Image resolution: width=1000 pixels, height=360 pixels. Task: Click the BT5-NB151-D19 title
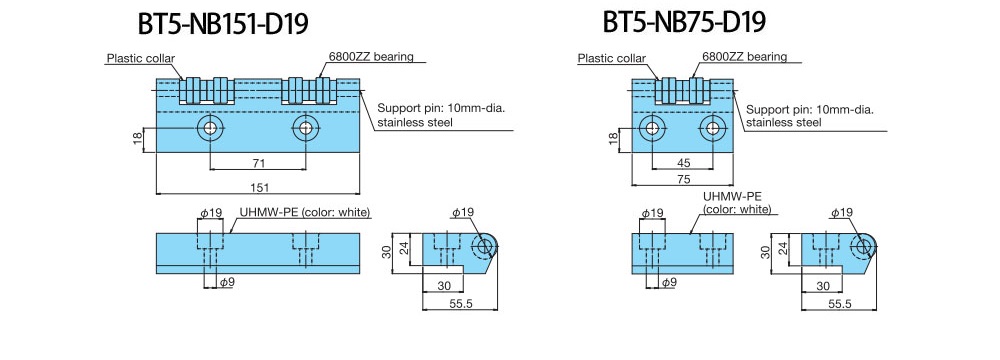click(223, 24)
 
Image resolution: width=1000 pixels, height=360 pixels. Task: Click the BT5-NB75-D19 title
click(684, 23)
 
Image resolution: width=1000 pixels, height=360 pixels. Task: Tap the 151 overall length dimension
click(258, 187)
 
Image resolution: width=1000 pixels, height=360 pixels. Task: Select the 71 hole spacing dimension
click(258, 163)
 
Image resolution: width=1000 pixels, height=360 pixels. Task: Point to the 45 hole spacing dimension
click(683, 163)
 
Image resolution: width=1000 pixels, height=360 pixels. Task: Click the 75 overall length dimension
click(683, 179)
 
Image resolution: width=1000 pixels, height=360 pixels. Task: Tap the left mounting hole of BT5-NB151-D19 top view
click(209, 128)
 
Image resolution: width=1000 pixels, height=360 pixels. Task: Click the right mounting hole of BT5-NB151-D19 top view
click(306, 128)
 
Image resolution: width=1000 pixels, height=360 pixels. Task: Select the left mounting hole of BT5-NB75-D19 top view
click(652, 128)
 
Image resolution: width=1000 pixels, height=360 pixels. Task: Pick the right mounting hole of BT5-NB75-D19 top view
click(712, 128)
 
